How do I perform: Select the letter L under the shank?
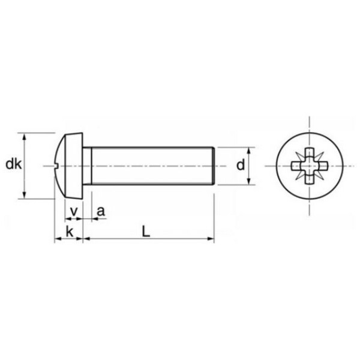tap(146, 230)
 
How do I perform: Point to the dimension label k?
tap(70, 231)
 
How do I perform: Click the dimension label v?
tap(74, 211)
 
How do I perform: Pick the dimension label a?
tap(100, 211)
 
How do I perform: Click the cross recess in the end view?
tap(310, 165)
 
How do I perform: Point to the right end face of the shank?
tap(214, 165)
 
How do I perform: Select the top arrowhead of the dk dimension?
tap(25, 135)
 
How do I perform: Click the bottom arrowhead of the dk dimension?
tap(25, 195)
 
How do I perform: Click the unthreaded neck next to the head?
tap(87, 165)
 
